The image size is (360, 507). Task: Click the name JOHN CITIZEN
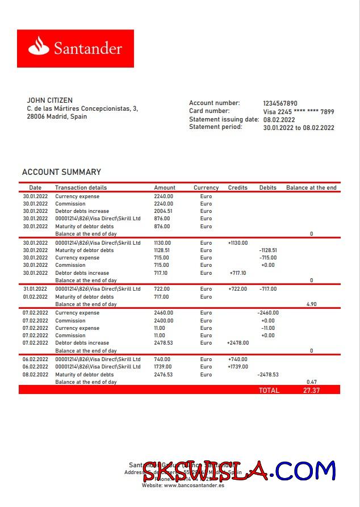click(50, 100)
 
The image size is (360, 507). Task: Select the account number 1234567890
click(280, 103)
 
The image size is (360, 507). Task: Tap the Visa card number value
click(298, 112)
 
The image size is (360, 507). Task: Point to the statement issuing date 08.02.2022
click(279, 120)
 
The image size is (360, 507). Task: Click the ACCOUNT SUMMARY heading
click(61, 172)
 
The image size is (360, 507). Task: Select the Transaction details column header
click(81, 188)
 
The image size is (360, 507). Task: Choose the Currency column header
click(206, 188)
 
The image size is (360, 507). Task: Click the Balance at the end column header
click(311, 188)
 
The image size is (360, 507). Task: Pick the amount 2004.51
click(163, 211)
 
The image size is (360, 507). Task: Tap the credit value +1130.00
click(238, 243)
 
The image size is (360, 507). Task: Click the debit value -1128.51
click(268, 250)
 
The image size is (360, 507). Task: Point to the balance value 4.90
click(311, 304)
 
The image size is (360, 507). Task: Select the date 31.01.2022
click(35, 289)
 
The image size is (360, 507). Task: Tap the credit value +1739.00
click(238, 367)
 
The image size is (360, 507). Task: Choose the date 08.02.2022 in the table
click(35, 375)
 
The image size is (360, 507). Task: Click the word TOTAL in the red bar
click(269, 391)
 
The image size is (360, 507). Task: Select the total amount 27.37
click(311, 391)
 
